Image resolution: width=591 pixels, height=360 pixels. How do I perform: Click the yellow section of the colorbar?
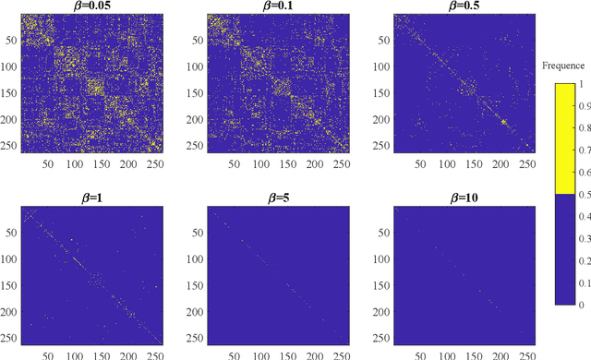(564, 138)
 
